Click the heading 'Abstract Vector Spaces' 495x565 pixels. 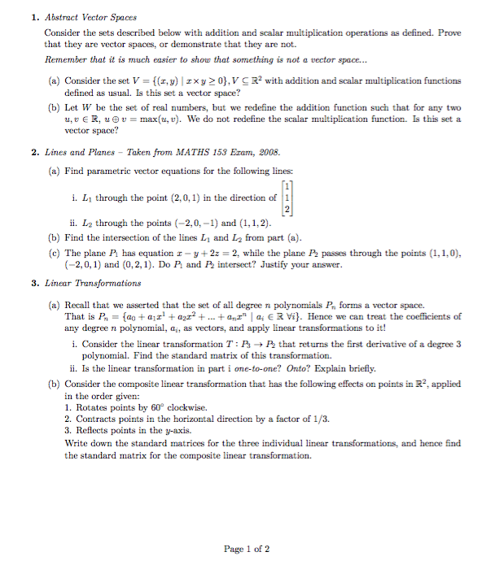(x=90, y=16)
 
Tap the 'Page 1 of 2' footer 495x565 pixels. (x=247, y=549)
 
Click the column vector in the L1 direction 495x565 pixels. (x=287, y=198)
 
